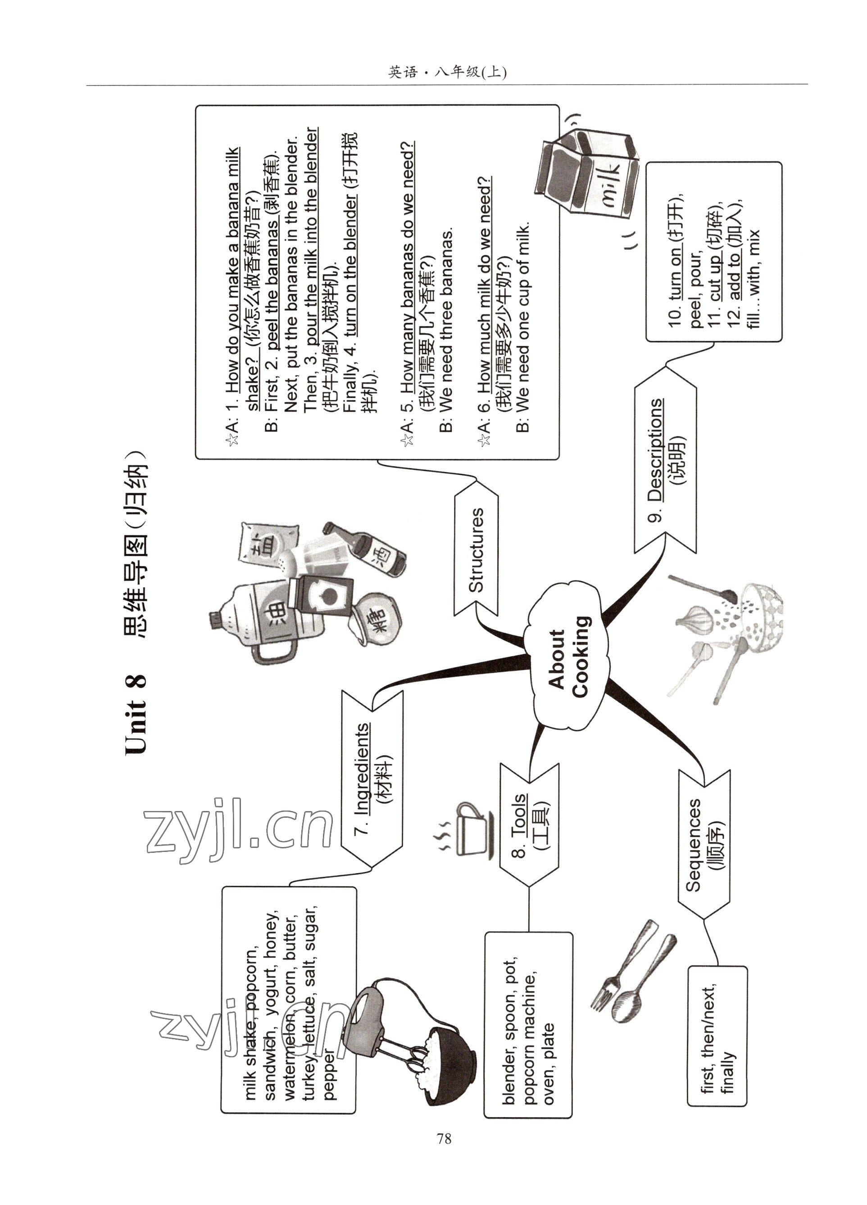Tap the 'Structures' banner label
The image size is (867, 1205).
click(476, 550)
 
